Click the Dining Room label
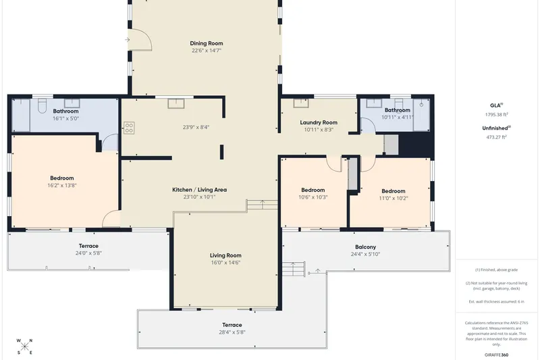coord(207,43)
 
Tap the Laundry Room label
coord(319,122)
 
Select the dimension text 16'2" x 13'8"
coord(62,185)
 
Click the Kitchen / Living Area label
coord(199,190)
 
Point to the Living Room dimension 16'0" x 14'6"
coord(225,263)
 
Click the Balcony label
coord(365,247)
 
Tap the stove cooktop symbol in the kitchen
coord(129,128)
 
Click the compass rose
coord(25,346)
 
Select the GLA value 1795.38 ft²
coord(497,114)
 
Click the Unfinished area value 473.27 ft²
coord(496,136)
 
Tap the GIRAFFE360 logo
coord(496,355)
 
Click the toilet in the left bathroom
coord(42,106)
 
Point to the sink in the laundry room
coord(301,103)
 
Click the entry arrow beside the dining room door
coord(128,40)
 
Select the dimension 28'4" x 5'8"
coord(232,332)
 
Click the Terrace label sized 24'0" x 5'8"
coord(88,246)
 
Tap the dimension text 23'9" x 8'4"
coord(196,127)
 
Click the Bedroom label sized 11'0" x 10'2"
coord(394,191)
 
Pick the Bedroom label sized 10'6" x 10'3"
coord(313,190)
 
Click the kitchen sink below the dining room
coord(176,103)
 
